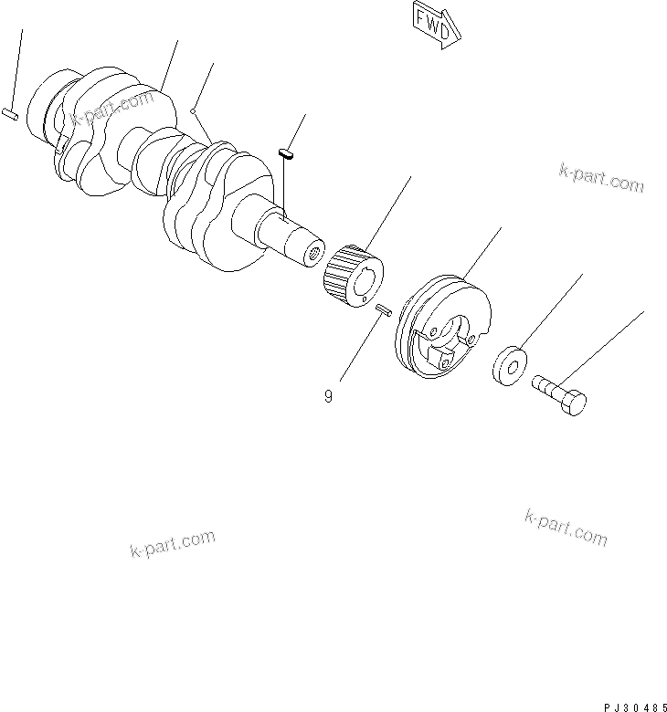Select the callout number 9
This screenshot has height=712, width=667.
(327, 397)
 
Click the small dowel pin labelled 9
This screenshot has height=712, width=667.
(383, 311)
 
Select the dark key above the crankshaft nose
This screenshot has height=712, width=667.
(285, 152)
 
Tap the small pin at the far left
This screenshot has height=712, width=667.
(8, 114)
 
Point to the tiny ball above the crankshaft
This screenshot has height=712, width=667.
(193, 111)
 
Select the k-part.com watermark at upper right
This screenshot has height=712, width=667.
(598, 178)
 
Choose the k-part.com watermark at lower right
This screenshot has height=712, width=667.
(566, 528)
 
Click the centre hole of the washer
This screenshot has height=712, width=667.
(512, 369)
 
